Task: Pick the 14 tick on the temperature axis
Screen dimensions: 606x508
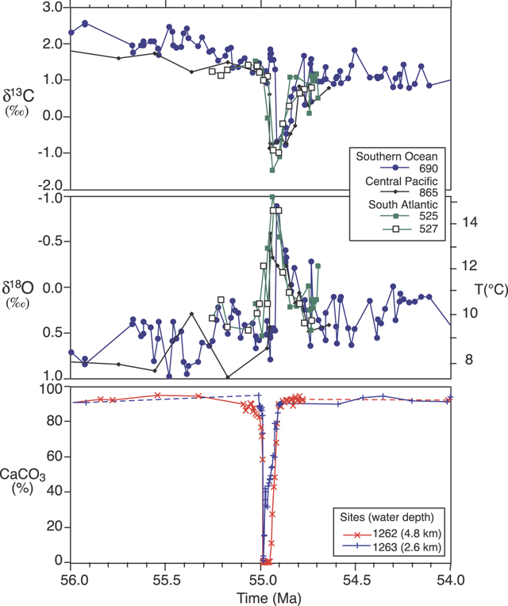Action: (x=472, y=223)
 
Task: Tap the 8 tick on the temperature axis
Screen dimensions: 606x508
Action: (x=469, y=359)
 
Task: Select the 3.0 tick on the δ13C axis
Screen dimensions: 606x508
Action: (x=50, y=7)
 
